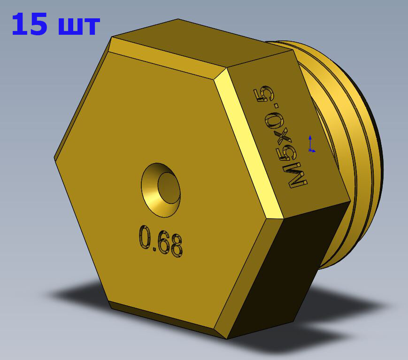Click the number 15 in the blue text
pos(30,24)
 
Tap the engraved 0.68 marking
pos(161,242)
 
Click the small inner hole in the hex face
pos(169,188)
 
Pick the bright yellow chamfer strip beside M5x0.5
pos(247,143)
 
